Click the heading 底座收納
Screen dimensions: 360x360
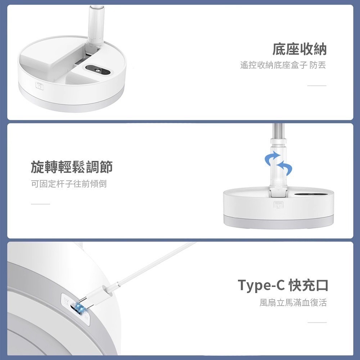(x=300, y=49)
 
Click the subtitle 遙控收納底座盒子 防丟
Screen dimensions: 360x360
(x=283, y=65)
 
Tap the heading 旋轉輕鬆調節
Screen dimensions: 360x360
(x=72, y=167)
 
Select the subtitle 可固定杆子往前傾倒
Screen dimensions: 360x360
(x=69, y=184)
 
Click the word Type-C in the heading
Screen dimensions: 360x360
(x=261, y=285)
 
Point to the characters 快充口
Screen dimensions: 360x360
(x=309, y=285)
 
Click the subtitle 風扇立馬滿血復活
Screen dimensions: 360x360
(x=293, y=302)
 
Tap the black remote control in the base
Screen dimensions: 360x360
(x=98, y=70)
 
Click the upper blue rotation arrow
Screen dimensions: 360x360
(x=273, y=158)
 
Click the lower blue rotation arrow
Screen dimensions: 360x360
(x=285, y=168)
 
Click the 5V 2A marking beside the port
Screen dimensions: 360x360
(x=66, y=301)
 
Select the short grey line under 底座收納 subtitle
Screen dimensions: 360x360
(x=317, y=86)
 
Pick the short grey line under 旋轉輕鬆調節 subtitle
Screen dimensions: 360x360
(x=40, y=204)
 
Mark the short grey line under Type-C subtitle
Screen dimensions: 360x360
(x=317, y=322)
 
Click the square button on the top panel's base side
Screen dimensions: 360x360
(x=40, y=86)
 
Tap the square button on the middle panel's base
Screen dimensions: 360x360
(x=279, y=205)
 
